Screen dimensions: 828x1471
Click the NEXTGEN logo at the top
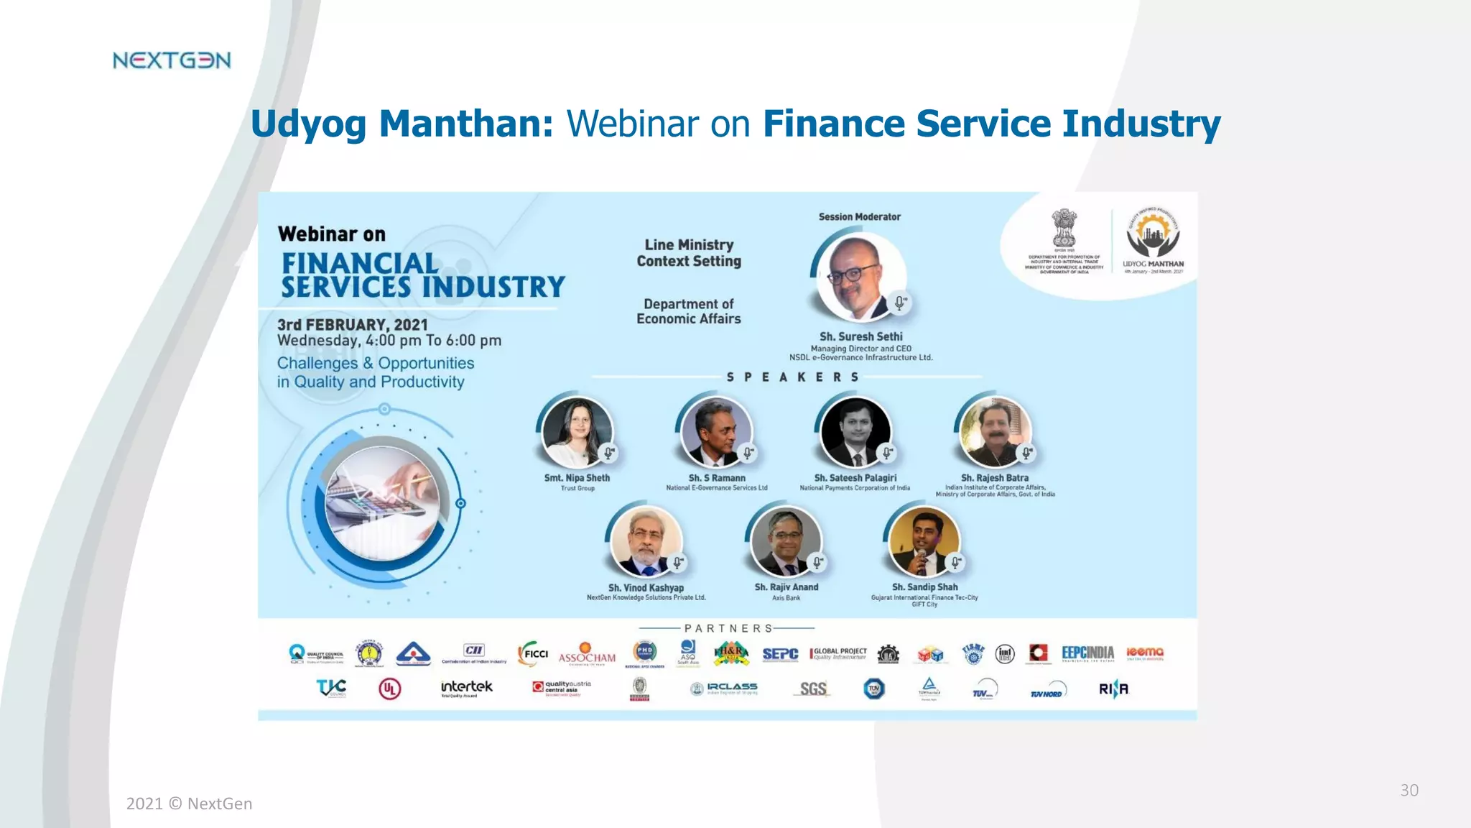(172, 60)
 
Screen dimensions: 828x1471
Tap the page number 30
(1409, 790)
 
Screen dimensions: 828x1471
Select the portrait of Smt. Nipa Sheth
(577, 433)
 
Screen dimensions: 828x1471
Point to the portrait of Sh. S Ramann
(716, 433)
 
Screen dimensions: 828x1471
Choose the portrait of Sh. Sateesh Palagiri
(855, 433)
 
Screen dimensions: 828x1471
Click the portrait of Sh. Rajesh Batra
(995, 433)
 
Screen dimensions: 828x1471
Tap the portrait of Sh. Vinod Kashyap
(646, 542)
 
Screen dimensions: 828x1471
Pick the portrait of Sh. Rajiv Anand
(785, 542)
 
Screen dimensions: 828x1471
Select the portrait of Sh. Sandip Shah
(924, 542)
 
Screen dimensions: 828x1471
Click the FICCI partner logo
(533, 653)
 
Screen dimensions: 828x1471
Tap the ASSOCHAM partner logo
(587, 654)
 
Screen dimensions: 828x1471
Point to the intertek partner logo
(466, 688)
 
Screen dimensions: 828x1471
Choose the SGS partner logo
(813, 689)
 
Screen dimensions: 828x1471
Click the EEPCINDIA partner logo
(1087, 653)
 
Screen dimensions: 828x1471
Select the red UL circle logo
(389, 689)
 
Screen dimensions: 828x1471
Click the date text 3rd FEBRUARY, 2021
(352, 325)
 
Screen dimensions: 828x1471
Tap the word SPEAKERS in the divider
(792, 377)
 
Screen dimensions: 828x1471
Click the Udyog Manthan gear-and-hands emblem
(1153, 233)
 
